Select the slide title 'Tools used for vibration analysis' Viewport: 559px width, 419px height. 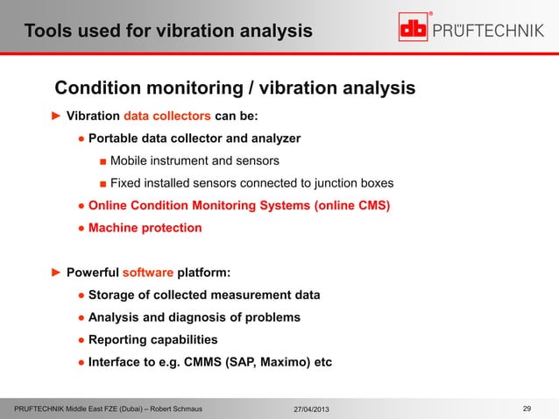tap(167, 32)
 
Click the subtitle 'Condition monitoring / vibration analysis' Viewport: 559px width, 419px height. tap(235, 89)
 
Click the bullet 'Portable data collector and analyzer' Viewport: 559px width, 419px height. tap(195, 138)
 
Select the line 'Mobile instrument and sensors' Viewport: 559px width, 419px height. tap(195, 161)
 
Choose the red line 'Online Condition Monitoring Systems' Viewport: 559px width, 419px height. tap(239, 206)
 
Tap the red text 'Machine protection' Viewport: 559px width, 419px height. tap(145, 228)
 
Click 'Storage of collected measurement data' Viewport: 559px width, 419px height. tap(203, 295)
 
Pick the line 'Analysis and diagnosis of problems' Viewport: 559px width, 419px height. tap(194, 317)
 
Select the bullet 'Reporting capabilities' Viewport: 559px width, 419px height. tap(152, 339)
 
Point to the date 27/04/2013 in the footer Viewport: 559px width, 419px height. tap(312, 409)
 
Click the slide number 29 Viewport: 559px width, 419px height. tap(527, 408)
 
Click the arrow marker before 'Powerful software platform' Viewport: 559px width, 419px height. tap(55, 272)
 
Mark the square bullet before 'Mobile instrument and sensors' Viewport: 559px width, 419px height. tap(103, 161)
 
